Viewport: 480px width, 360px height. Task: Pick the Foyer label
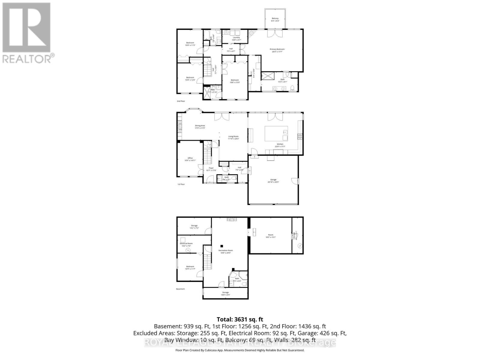211,169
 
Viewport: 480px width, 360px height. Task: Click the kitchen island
276,133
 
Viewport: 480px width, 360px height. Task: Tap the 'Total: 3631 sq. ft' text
240,319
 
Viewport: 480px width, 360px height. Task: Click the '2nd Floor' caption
181,101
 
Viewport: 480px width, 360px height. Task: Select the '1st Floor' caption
181,184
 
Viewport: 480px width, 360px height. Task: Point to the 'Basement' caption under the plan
180,289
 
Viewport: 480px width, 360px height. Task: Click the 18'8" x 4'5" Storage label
225,293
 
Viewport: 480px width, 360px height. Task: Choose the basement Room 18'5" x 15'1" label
271,236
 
